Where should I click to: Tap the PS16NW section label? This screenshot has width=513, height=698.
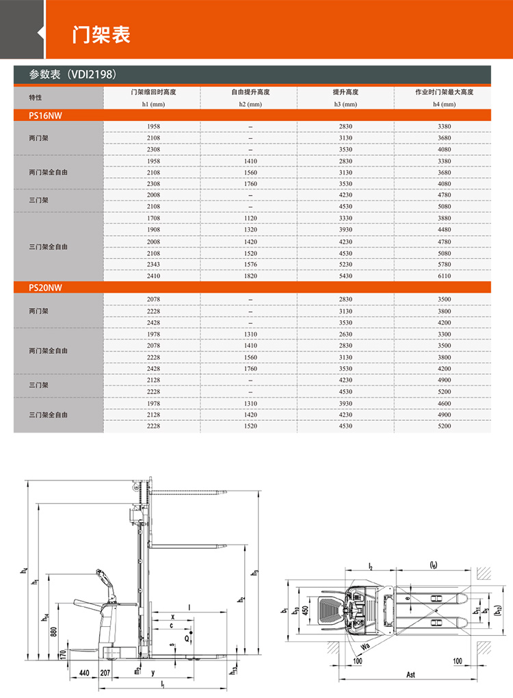45,116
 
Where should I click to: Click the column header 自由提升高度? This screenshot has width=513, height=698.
250,92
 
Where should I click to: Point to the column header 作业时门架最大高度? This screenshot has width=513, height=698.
444,92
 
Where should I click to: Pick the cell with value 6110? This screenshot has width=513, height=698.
444,276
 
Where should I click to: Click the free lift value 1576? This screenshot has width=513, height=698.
250,264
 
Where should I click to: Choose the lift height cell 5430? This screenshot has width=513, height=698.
346,276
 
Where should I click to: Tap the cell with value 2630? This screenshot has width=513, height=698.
346,334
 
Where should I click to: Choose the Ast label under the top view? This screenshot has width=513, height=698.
410,675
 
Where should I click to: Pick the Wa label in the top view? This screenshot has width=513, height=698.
365,644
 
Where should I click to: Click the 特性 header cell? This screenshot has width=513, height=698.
36,98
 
